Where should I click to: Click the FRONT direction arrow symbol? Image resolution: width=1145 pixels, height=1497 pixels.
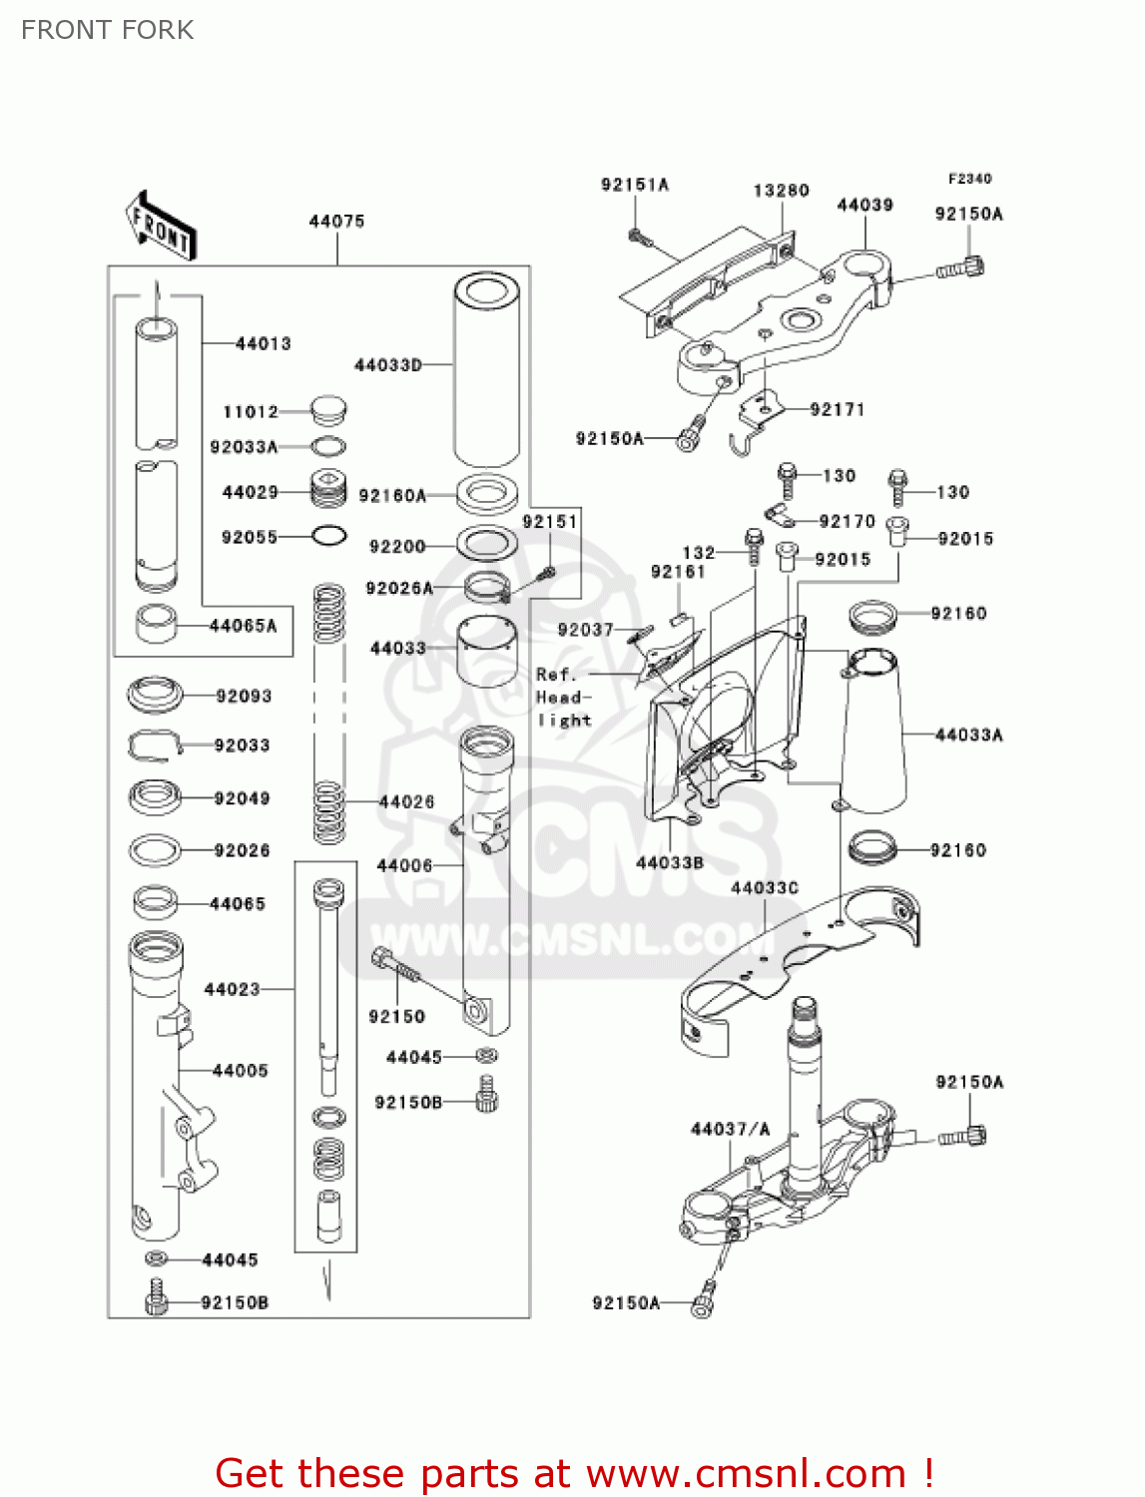[x=160, y=228]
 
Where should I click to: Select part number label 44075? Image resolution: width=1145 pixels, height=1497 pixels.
[x=336, y=221]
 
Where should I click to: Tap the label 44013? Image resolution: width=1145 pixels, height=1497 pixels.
[x=264, y=343]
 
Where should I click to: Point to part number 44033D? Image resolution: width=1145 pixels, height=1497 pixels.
[x=388, y=365]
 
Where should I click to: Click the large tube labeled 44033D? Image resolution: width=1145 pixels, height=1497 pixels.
[x=486, y=369]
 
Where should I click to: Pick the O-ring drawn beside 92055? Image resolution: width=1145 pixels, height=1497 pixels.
[x=329, y=536]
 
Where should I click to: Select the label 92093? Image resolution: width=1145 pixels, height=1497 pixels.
[x=244, y=696]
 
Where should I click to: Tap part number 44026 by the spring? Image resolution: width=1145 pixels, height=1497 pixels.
[x=406, y=801]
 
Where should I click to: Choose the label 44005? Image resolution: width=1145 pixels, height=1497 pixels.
[x=241, y=1070]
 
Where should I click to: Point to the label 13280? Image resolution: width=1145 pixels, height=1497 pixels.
[x=781, y=190]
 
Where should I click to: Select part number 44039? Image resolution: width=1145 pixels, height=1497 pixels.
[x=864, y=205]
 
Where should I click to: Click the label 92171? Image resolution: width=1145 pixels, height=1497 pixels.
[x=838, y=409]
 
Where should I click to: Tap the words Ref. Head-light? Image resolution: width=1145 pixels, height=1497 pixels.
[x=564, y=697]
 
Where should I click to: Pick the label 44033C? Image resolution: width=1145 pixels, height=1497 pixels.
[x=765, y=887]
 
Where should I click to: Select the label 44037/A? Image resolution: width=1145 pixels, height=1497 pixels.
[x=731, y=1129]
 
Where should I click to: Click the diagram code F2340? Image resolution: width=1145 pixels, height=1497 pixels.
[x=969, y=179]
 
